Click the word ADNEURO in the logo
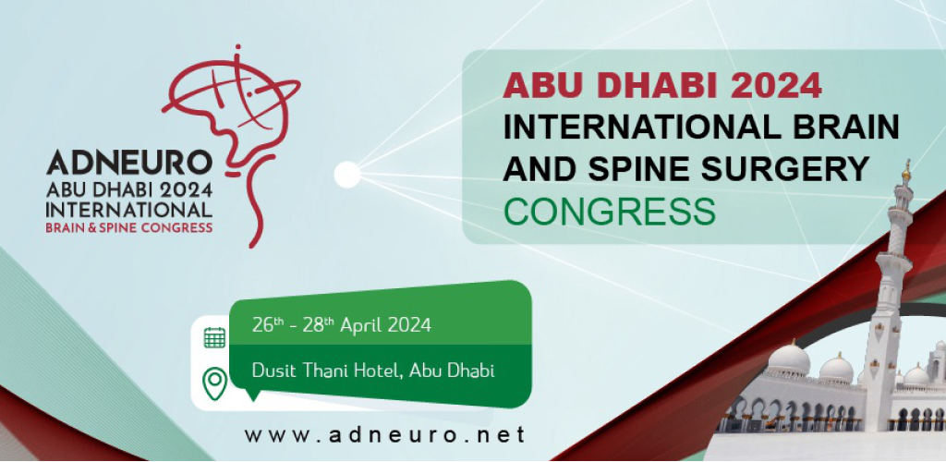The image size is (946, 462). tap(129, 163)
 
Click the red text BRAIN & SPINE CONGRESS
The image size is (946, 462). tap(129, 227)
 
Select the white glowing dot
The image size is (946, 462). tap(347, 175)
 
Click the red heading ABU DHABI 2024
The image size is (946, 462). tap(661, 85)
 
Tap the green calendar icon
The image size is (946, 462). tap(214, 338)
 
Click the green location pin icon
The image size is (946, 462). tap(214, 383)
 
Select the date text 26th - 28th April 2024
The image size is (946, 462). tap(342, 325)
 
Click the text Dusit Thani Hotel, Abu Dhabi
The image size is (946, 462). tap(373, 370)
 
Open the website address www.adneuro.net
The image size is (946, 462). tap(385, 435)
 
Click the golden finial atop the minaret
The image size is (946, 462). tap(905, 171)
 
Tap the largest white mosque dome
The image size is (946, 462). tap(789, 358)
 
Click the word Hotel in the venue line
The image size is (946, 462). tap(377, 370)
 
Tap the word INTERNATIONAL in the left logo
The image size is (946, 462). tap(129, 210)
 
